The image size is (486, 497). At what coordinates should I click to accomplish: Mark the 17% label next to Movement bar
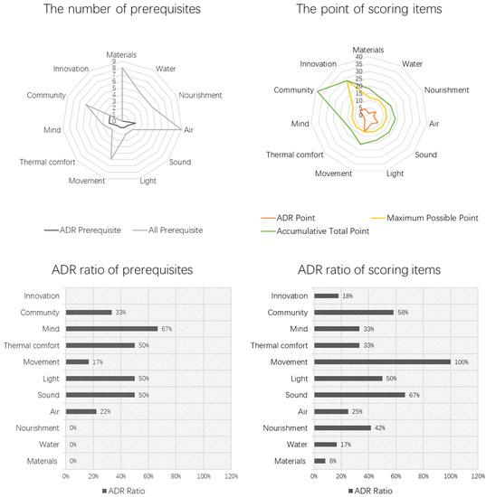pyautogui.click(x=96, y=361)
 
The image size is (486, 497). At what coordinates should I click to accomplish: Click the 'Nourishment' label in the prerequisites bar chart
pyautogui.click(x=40, y=427)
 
